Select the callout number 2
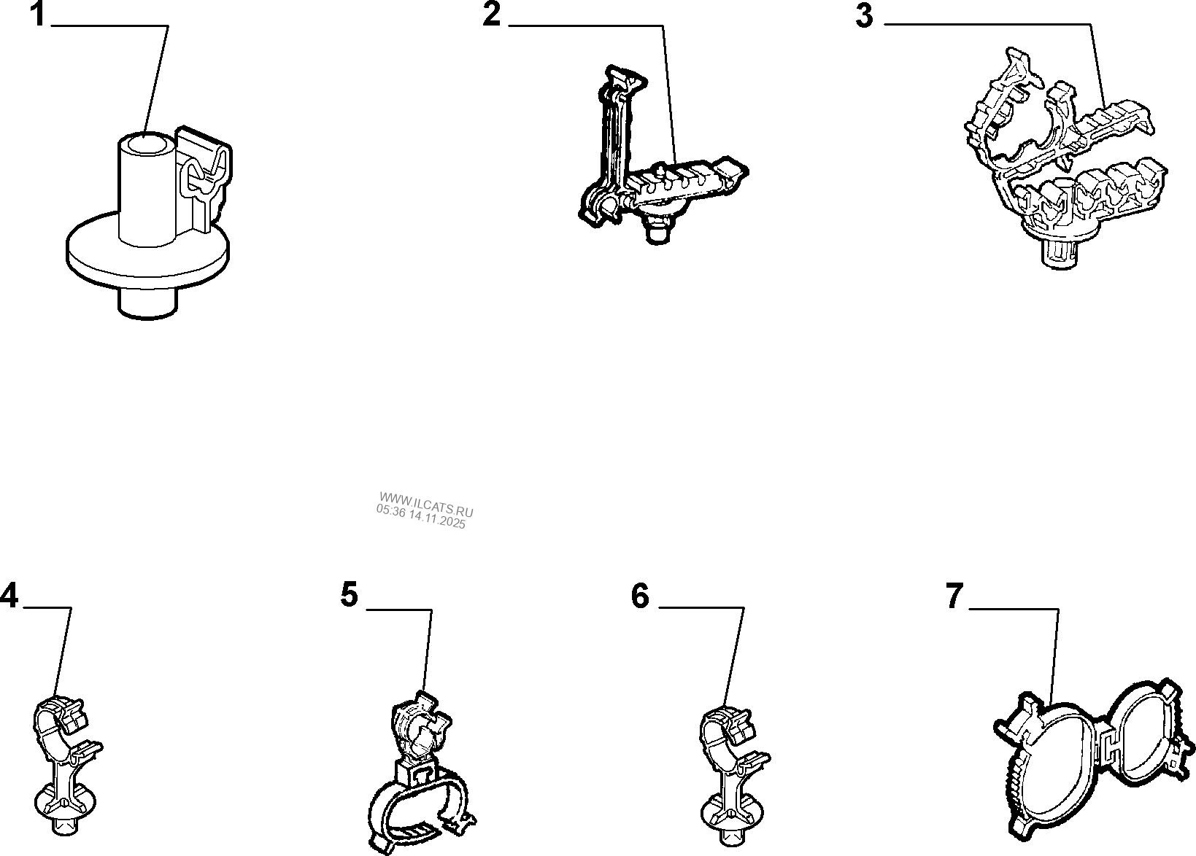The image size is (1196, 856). [493, 15]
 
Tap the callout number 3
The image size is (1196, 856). [865, 16]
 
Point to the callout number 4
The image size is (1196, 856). [9, 596]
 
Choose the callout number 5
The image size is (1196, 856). [350, 596]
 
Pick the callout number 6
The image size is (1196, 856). [640, 596]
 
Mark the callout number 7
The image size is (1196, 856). [954, 596]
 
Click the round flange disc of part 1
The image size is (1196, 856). [88, 255]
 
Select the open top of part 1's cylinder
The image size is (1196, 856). [146, 141]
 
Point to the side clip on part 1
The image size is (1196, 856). [204, 175]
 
